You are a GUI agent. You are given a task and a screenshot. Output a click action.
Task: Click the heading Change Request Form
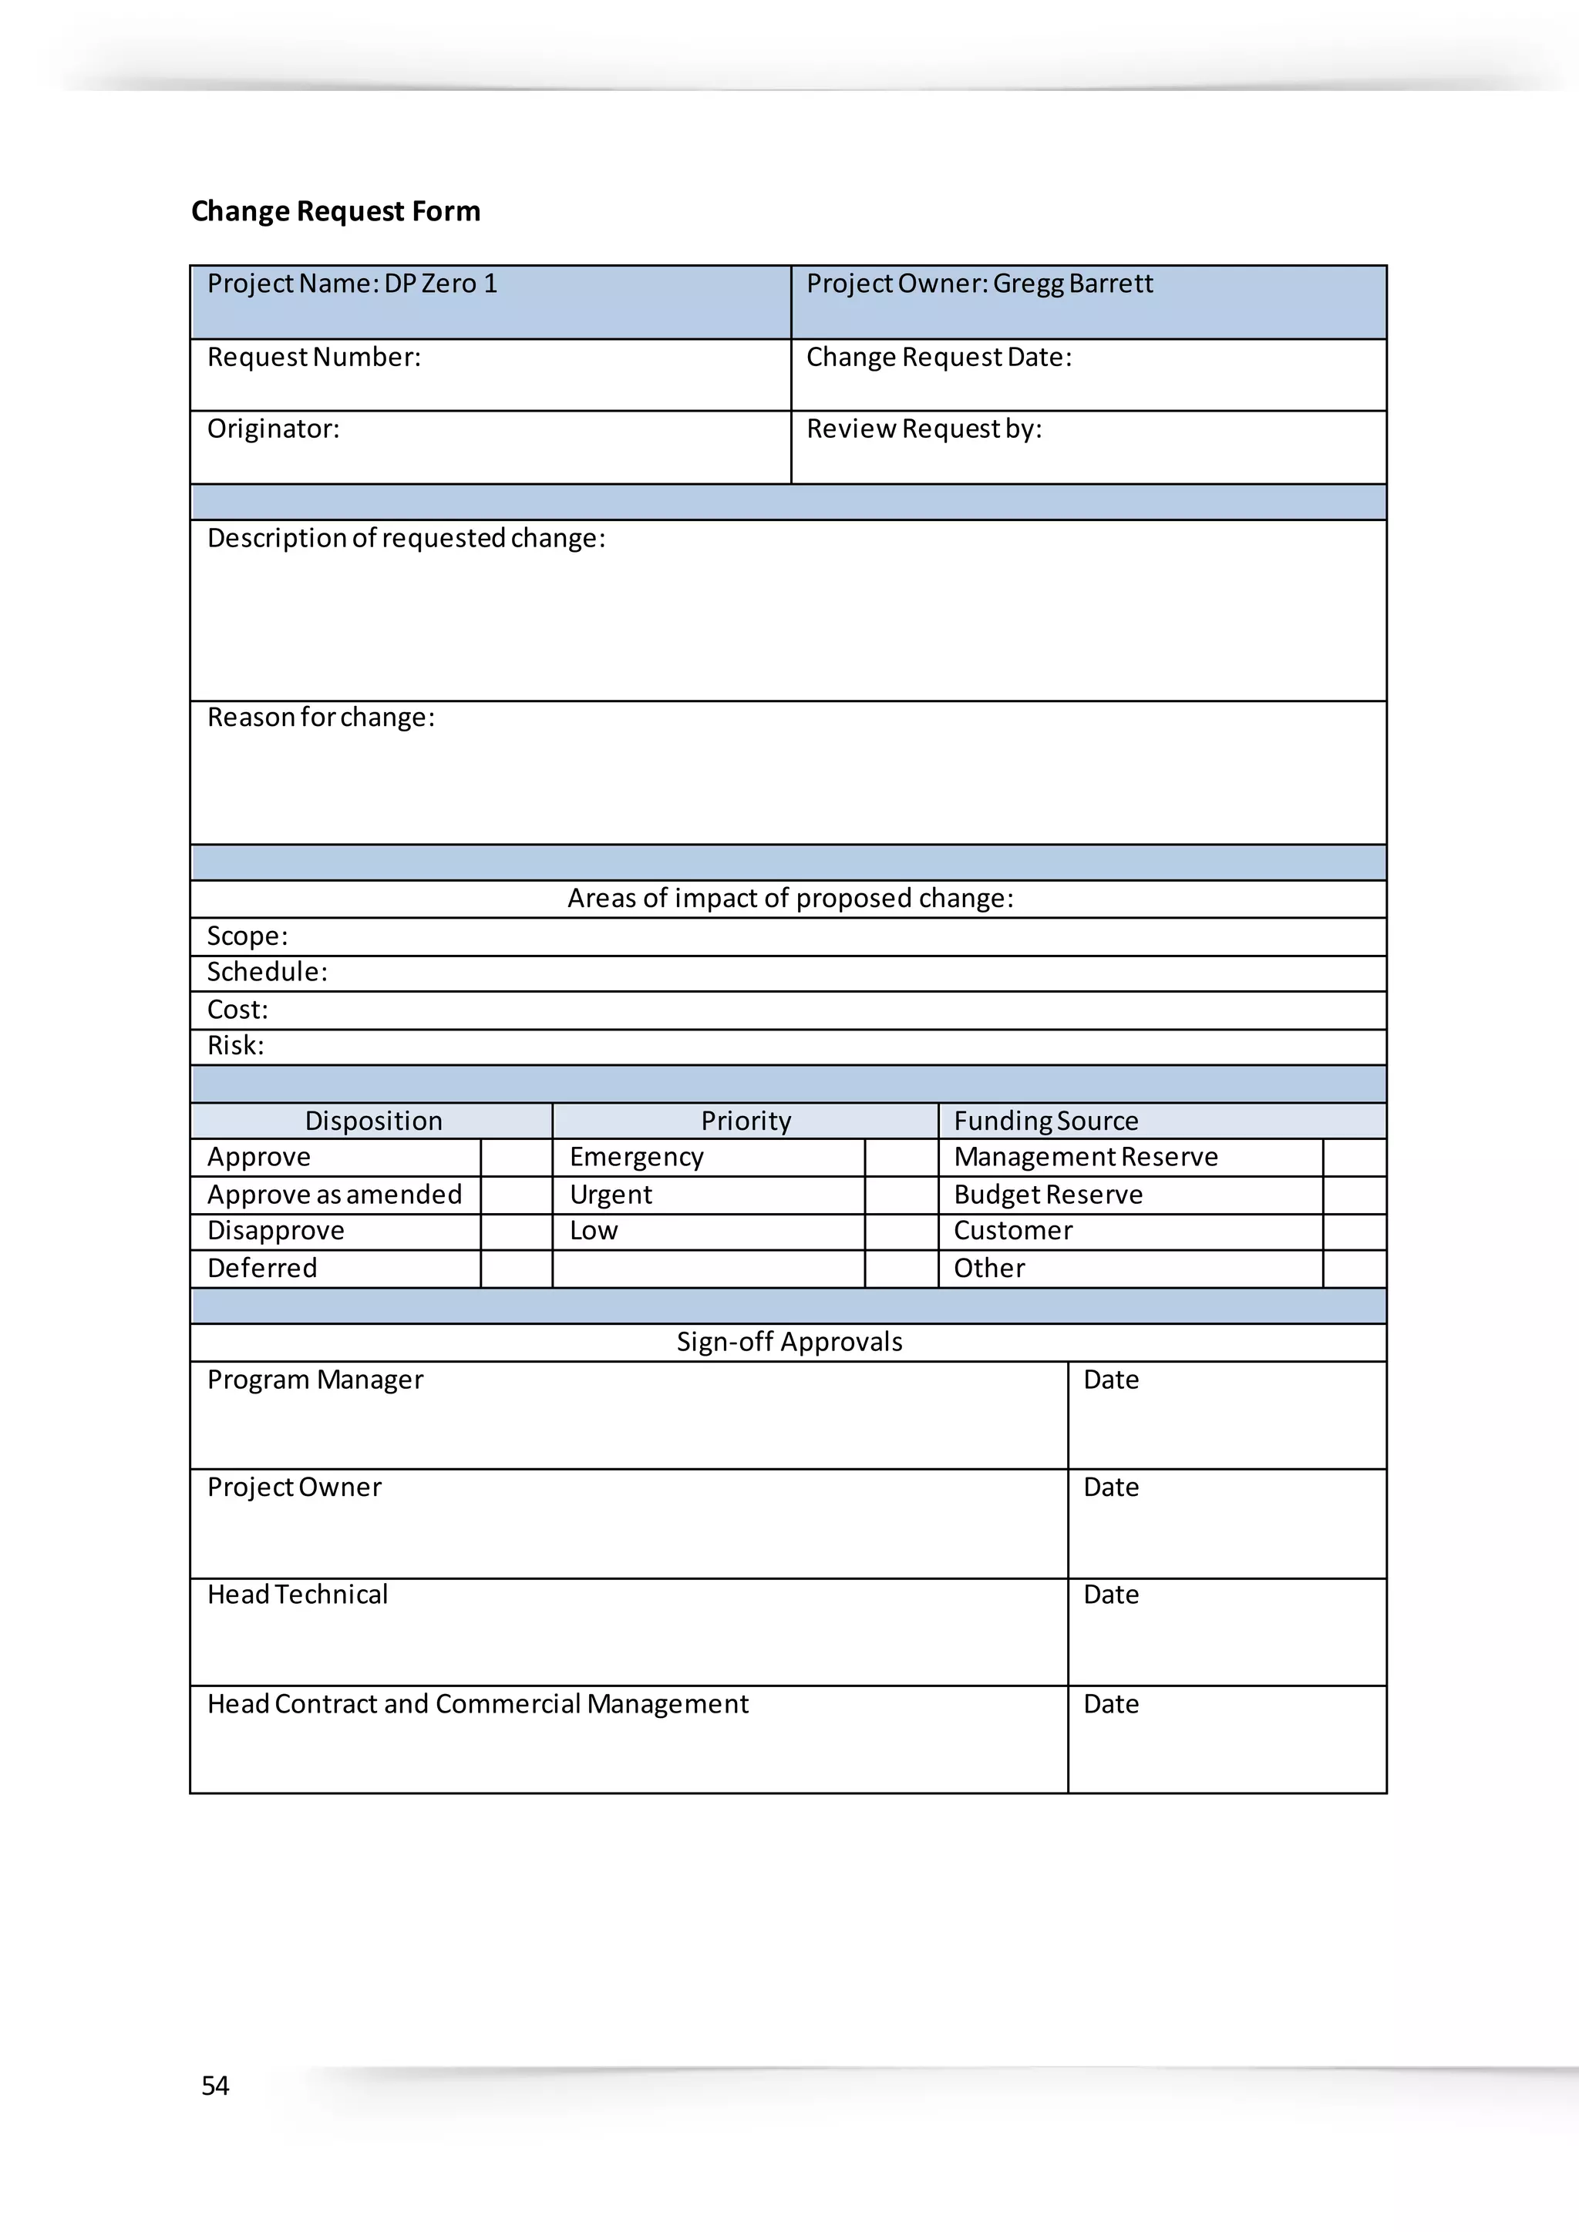click(x=335, y=211)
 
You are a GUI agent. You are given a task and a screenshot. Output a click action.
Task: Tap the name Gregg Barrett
click(x=1072, y=283)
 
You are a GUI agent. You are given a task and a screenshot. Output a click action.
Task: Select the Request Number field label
click(x=314, y=357)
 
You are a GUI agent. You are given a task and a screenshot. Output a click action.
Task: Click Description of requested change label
click(x=406, y=538)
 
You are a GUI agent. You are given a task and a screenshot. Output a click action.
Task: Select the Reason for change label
click(x=321, y=717)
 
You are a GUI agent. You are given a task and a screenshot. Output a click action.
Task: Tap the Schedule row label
click(x=268, y=971)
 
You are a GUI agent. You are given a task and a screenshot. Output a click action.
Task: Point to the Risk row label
click(x=235, y=1045)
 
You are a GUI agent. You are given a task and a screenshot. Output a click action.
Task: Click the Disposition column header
click(x=373, y=1121)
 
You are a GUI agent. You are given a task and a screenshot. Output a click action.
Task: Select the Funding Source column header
click(x=1045, y=1121)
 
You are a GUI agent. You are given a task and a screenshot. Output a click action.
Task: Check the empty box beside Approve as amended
click(x=517, y=1195)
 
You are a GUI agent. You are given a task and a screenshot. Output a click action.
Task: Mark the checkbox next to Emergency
click(x=901, y=1157)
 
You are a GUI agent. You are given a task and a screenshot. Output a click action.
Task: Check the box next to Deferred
click(x=517, y=1269)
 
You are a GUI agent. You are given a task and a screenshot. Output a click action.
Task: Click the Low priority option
click(x=593, y=1231)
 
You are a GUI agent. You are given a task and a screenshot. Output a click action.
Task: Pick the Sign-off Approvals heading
click(x=789, y=1342)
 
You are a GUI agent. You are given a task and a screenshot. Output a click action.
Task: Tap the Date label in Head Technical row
click(x=1110, y=1595)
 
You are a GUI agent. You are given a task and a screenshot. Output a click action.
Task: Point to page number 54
click(x=215, y=2086)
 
